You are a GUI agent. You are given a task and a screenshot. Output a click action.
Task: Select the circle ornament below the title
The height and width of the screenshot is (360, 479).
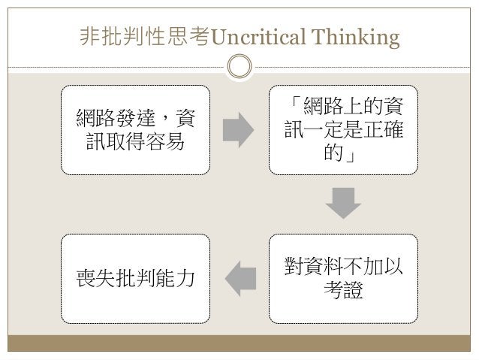click(x=239, y=65)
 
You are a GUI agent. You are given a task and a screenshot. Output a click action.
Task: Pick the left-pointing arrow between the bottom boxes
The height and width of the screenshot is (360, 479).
click(x=239, y=278)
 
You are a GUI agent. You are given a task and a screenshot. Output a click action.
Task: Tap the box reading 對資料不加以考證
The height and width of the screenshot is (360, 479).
click(x=343, y=277)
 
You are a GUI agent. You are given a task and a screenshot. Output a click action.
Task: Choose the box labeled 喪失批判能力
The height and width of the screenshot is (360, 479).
click(x=134, y=277)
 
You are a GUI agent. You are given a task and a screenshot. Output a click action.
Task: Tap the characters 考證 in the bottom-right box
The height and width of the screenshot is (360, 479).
click(x=343, y=290)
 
